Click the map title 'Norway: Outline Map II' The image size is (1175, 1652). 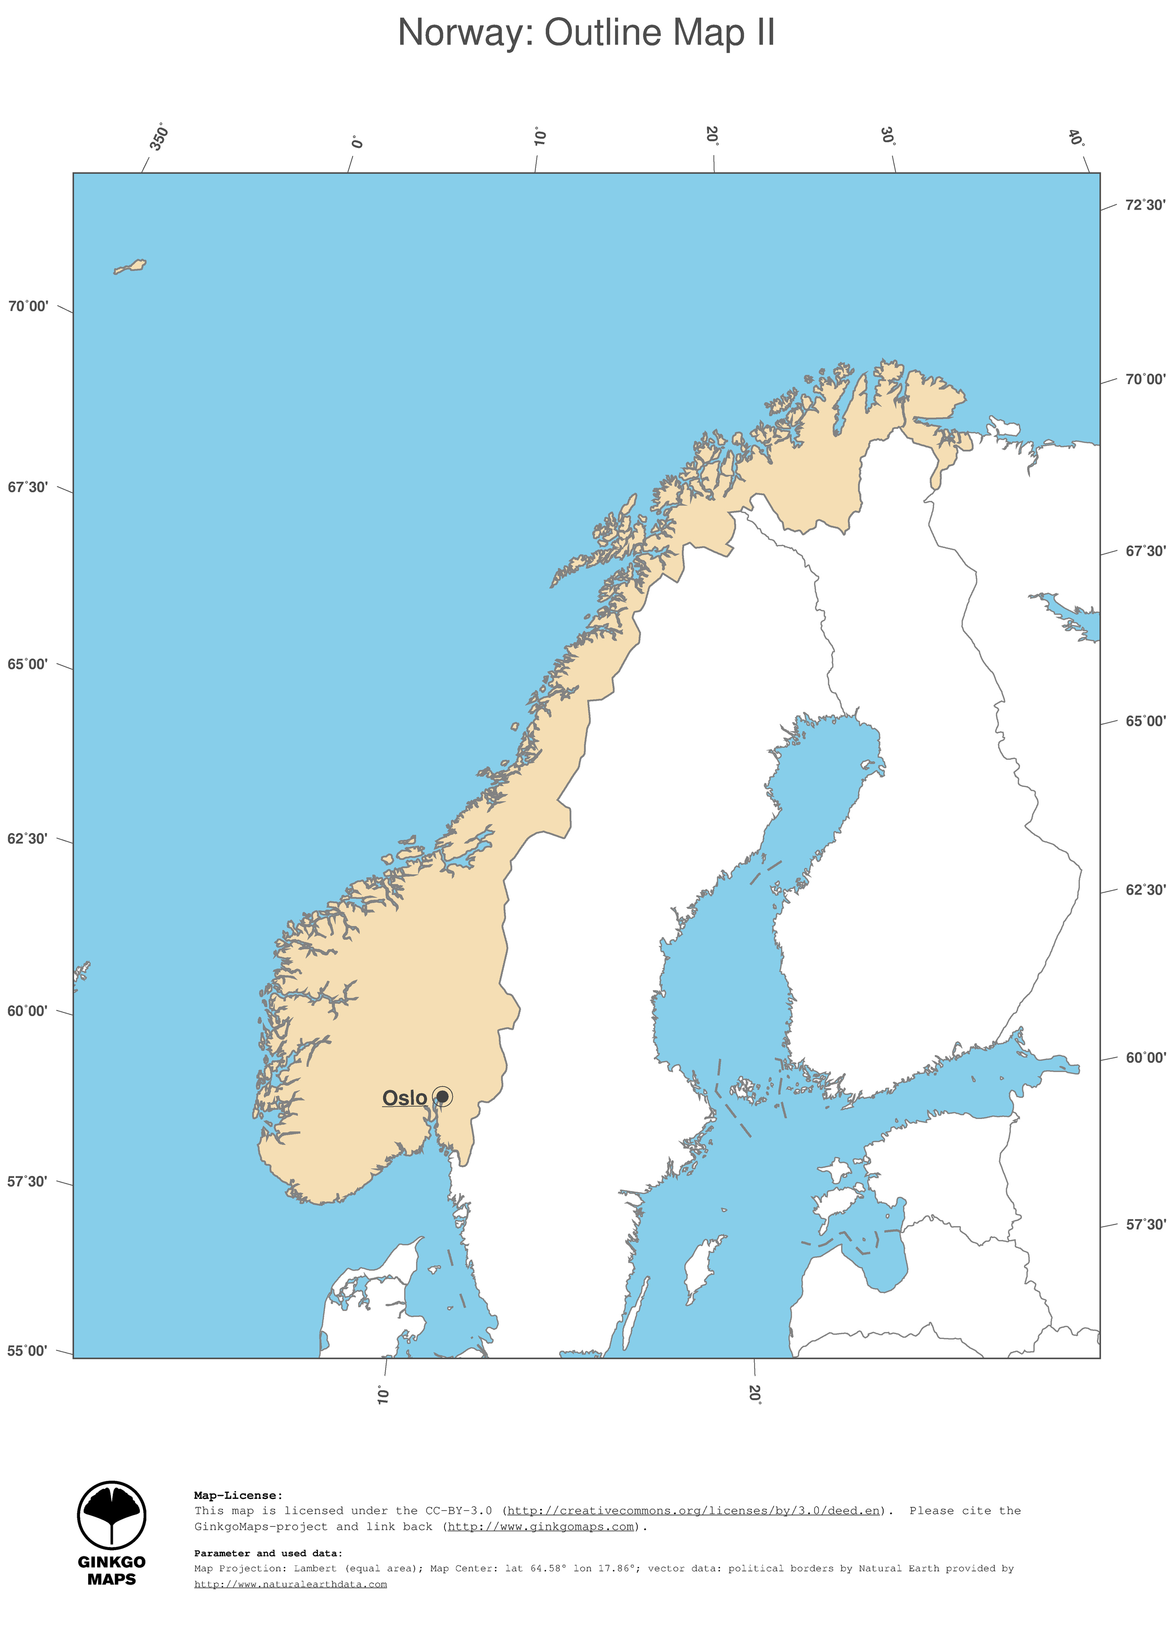[x=586, y=33]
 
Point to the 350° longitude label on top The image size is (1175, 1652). [x=159, y=138]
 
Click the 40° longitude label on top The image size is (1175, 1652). [x=1076, y=137]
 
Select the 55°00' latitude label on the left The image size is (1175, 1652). [x=27, y=1351]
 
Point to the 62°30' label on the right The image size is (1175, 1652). [x=1145, y=890]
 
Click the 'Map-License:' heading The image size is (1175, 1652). [x=238, y=1495]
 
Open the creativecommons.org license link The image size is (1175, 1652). [x=693, y=1510]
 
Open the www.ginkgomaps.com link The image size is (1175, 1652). [x=541, y=1526]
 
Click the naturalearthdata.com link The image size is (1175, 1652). [x=290, y=1584]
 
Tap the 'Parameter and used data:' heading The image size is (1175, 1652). [x=268, y=1553]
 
